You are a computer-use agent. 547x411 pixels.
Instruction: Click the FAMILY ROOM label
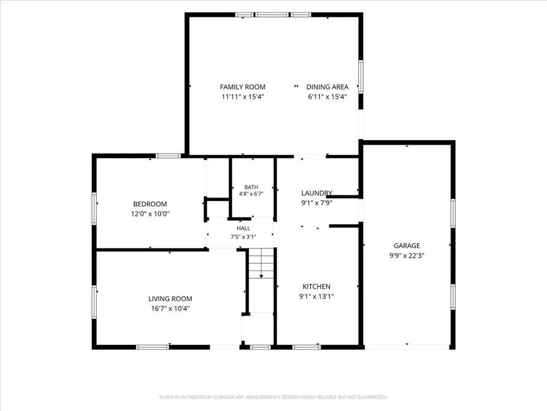243,87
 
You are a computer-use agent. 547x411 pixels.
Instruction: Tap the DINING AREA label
327,87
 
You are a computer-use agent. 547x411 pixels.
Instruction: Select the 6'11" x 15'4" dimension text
327,97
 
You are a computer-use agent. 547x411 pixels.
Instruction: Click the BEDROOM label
150,204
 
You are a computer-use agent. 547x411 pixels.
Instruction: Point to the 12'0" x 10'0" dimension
150,214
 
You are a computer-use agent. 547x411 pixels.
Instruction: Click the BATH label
251,187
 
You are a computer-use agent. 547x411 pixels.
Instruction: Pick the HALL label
243,228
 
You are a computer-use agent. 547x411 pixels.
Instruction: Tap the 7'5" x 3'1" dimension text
243,237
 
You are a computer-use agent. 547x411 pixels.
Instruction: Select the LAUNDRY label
316,193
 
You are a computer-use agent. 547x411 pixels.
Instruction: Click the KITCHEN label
316,287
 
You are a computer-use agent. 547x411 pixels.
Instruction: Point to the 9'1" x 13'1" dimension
316,296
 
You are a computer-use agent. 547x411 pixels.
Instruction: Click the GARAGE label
407,246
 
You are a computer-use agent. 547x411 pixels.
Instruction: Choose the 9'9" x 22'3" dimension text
407,255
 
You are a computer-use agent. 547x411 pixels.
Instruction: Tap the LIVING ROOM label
170,299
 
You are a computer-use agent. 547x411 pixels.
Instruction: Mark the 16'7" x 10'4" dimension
170,309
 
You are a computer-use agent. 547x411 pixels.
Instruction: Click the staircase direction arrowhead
261,277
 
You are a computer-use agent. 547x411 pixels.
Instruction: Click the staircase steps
261,263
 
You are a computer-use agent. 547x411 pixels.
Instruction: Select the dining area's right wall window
361,77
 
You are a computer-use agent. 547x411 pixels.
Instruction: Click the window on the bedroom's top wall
168,156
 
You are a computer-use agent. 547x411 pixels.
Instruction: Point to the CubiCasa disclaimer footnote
273,397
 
